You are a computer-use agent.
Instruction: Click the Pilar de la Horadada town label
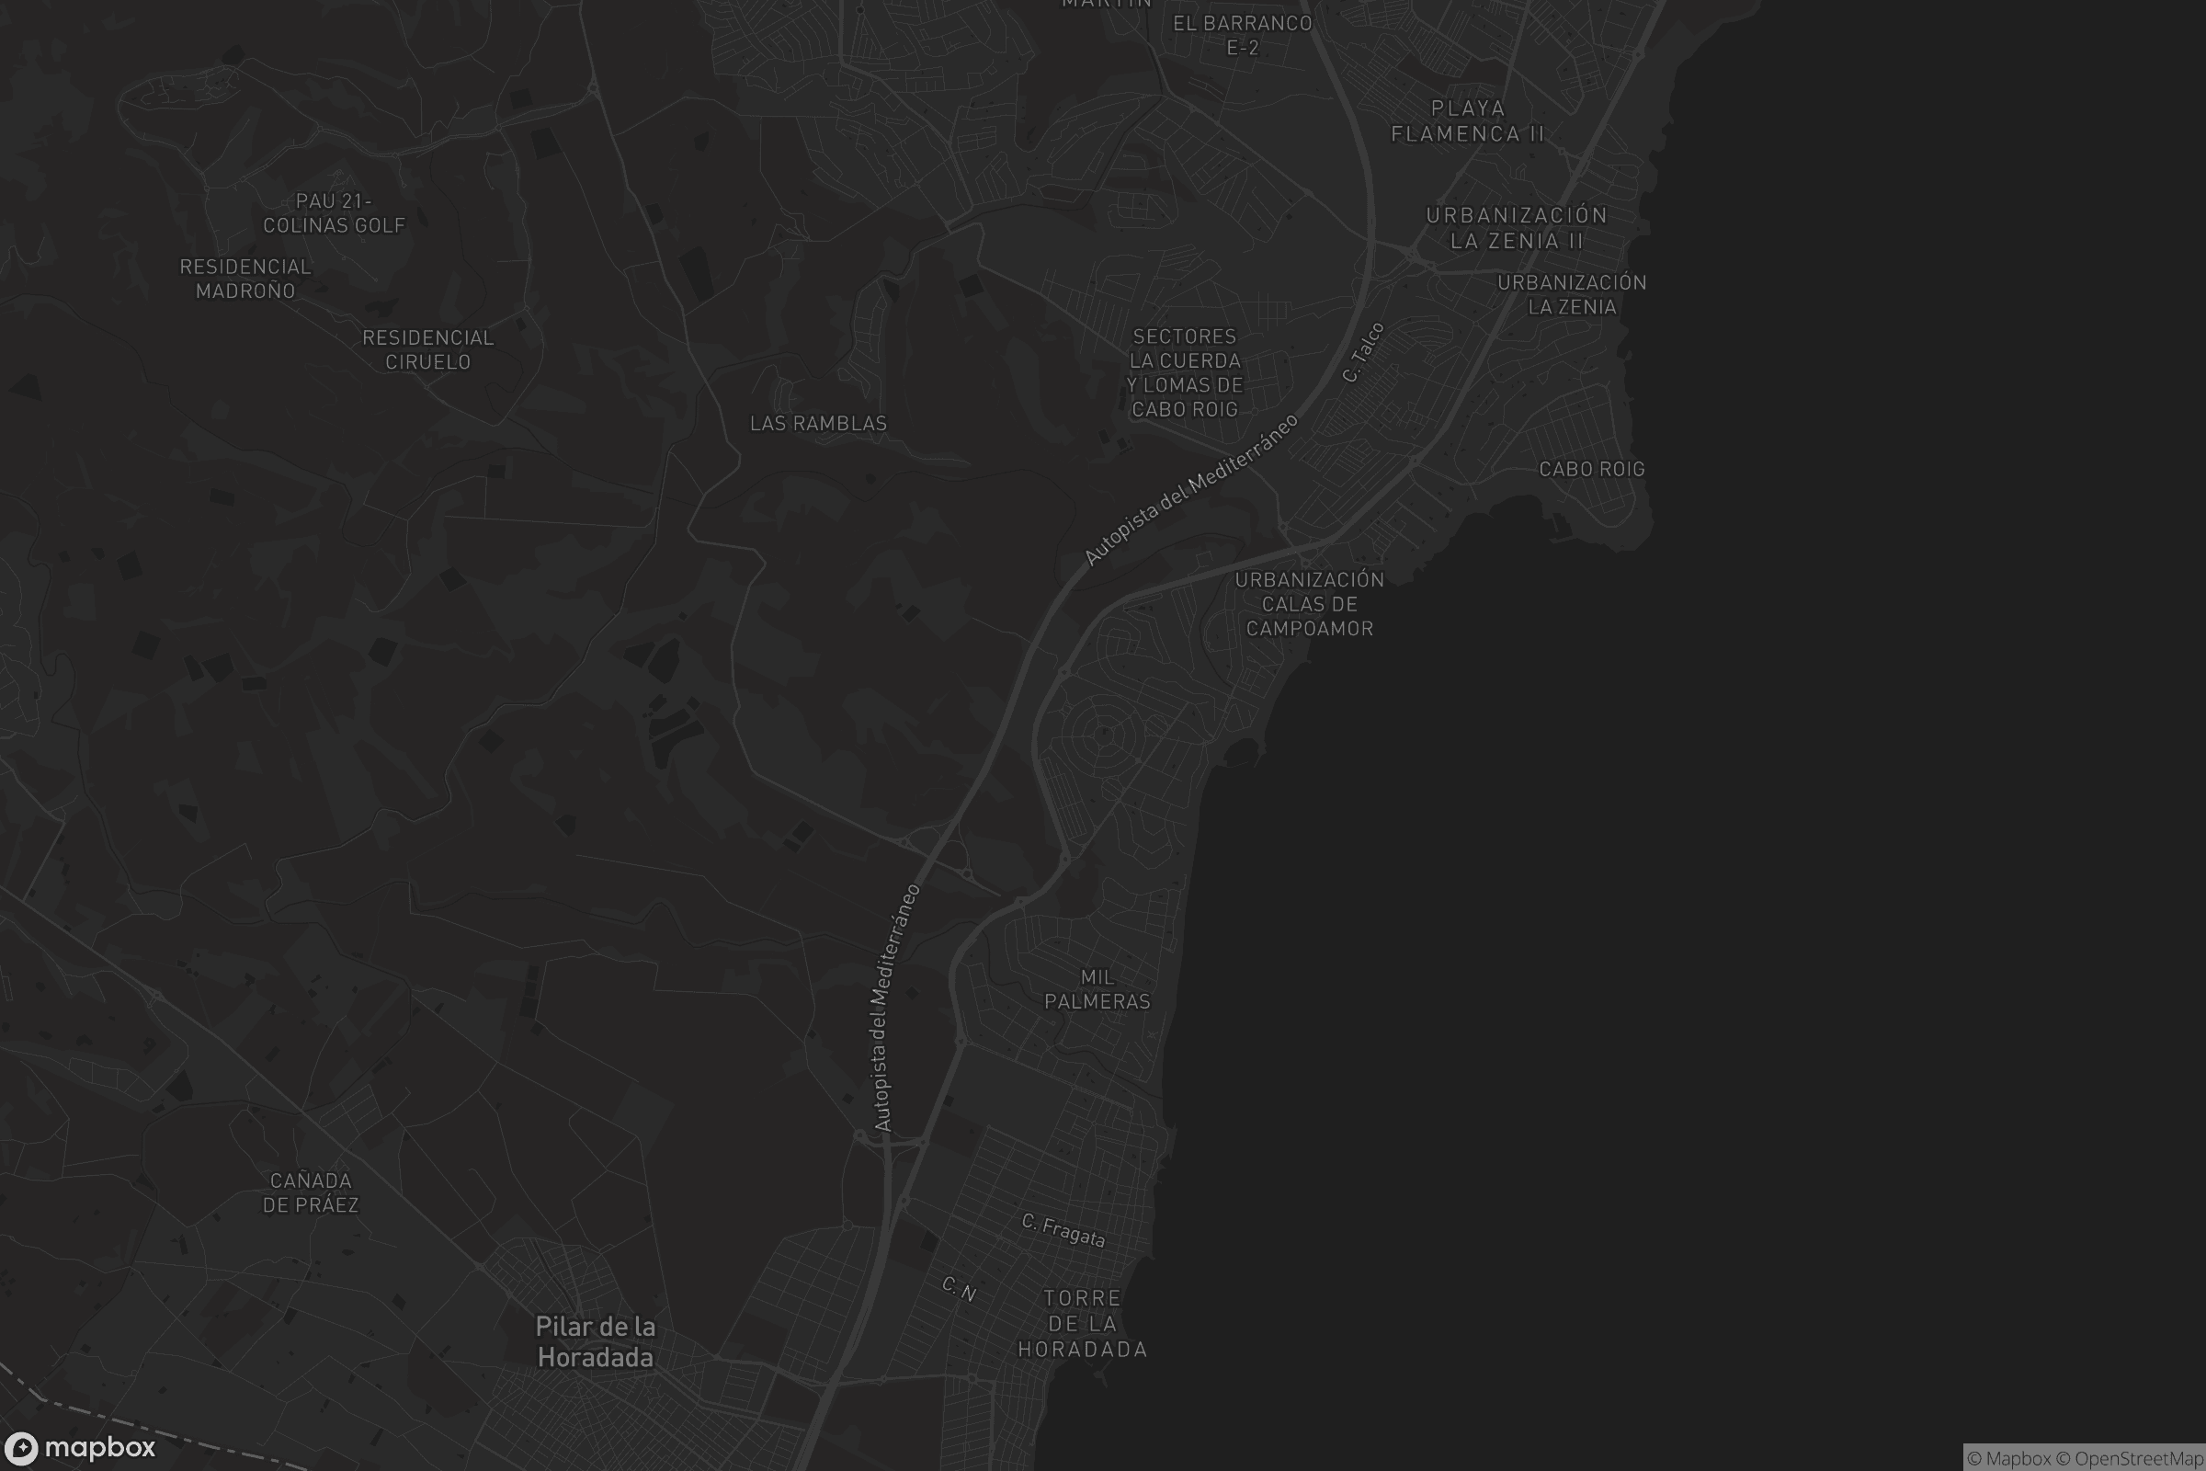595,1341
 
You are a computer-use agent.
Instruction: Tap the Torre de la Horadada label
1083,1324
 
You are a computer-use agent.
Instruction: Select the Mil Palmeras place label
1097,990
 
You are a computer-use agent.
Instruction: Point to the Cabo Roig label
1592,469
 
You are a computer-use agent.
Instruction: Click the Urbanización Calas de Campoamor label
1309,604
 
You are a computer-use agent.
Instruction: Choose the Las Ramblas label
818,424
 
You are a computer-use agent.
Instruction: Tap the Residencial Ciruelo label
427,350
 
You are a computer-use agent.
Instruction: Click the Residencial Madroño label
245,279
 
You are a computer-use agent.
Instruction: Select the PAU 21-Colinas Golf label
334,213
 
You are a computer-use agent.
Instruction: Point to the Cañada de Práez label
311,1192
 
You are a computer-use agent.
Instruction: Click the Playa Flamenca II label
1468,121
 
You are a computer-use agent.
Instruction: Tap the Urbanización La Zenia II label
1517,228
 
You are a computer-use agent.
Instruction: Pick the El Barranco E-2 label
1243,35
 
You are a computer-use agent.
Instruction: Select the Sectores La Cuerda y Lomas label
1185,372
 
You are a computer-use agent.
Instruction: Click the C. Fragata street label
1063,1230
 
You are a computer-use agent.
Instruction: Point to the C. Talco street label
1363,353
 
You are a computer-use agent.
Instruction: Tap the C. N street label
959,1289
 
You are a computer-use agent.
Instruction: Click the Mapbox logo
79,1447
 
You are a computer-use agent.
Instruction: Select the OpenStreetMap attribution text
2139,1459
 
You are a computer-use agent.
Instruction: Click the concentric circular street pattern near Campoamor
1104,733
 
